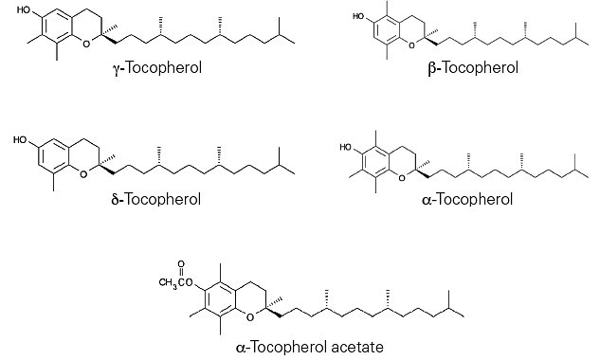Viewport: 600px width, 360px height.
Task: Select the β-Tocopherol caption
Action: [x=473, y=68]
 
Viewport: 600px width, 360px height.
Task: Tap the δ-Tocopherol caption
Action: [x=156, y=199]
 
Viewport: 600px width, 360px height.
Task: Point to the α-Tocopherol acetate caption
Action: [x=310, y=347]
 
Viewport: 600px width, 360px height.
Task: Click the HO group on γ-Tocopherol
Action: [x=24, y=9]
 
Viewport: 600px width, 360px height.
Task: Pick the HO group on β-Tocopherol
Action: [x=358, y=16]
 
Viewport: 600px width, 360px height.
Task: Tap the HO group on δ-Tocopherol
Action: [x=20, y=140]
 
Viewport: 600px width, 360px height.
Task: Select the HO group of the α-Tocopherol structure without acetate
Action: [x=346, y=147]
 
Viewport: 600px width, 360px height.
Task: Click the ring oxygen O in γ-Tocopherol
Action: [x=86, y=44]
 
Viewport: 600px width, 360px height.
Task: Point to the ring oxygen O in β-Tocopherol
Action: [x=411, y=46]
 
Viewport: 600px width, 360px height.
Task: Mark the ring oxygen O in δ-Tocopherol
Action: [x=83, y=174]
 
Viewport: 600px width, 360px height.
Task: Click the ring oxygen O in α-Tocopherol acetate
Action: [x=250, y=317]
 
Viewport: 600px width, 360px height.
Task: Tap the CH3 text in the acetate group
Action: [x=169, y=283]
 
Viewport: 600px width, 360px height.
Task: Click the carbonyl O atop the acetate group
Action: [x=181, y=264]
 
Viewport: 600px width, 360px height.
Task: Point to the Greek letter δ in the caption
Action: [x=116, y=199]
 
